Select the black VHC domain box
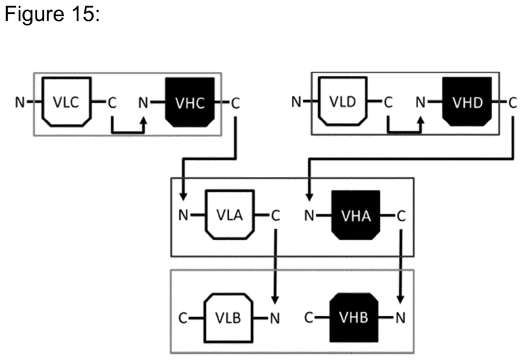190,102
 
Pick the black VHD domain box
467,102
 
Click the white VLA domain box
230,215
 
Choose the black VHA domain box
356,215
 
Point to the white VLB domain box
229,318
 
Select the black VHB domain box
354,318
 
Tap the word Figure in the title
34,14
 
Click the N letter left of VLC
20,102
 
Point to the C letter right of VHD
513,102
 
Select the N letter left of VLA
183,215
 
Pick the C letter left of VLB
183,318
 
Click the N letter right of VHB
401,318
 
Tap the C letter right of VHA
401,216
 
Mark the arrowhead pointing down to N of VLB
275,300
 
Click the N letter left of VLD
296,102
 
